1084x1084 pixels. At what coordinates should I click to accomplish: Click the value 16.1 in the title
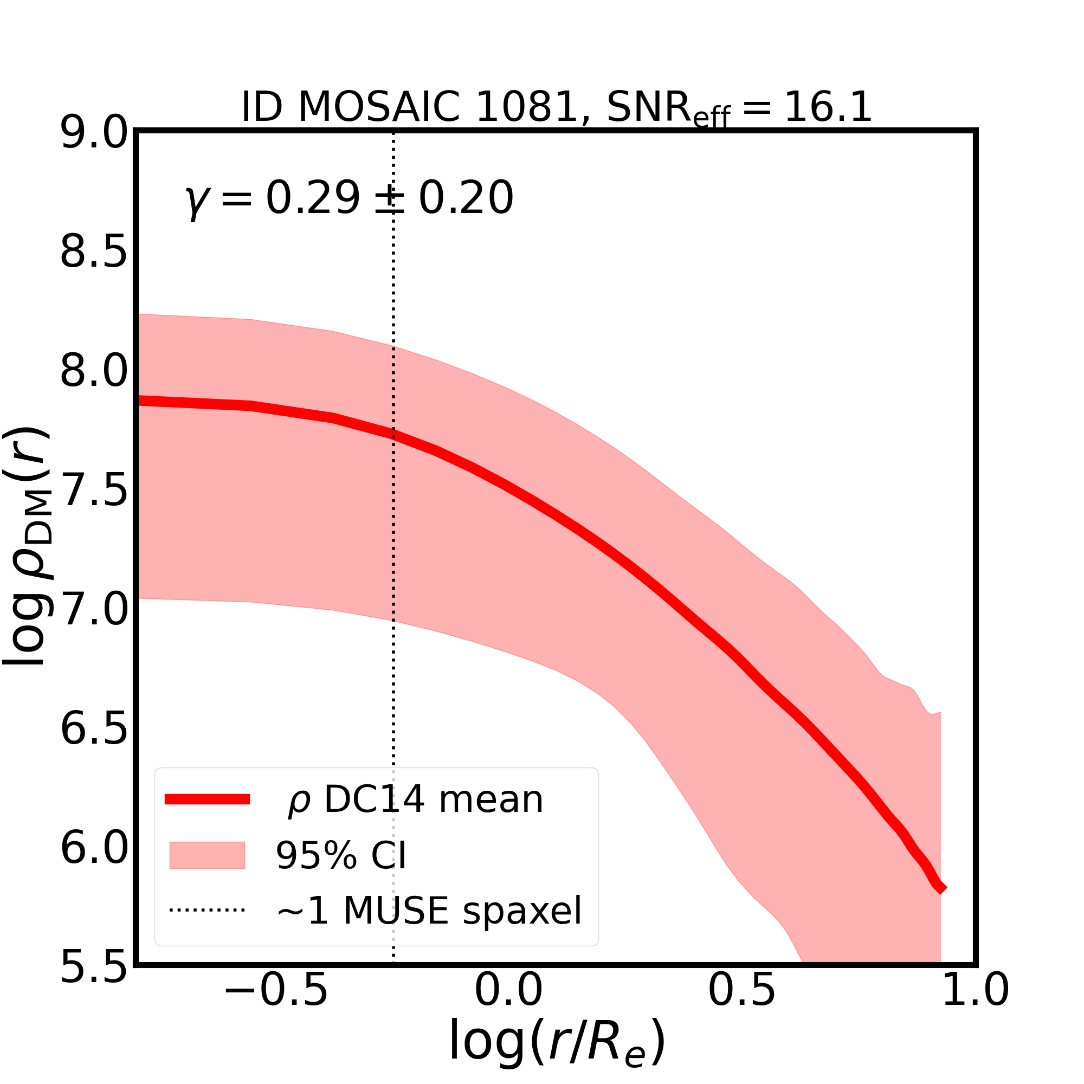[x=828, y=107]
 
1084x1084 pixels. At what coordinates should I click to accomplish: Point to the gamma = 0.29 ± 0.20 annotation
[x=349, y=199]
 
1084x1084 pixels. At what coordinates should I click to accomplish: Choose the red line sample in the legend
[x=207, y=799]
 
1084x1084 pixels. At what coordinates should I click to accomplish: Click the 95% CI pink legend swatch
[x=207, y=855]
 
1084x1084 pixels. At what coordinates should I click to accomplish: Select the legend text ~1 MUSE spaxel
[x=429, y=910]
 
